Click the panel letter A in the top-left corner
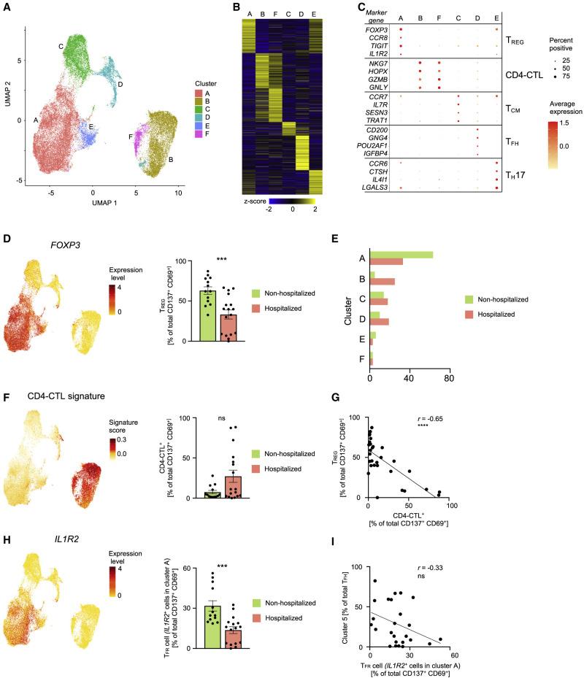tap(7, 7)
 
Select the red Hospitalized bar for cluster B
tap(383, 282)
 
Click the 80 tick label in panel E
tap(448, 379)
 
